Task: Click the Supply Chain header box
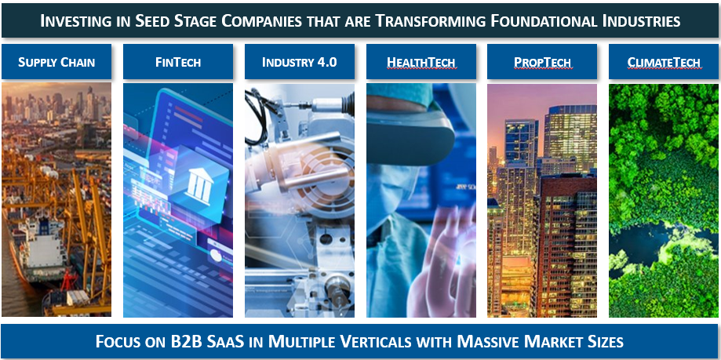(56, 62)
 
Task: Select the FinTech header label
(178, 62)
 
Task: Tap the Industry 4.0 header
(300, 62)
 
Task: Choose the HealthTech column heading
(421, 62)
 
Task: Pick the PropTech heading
(542, 62)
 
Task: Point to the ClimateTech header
(664, 62)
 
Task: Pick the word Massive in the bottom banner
(487, 342)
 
